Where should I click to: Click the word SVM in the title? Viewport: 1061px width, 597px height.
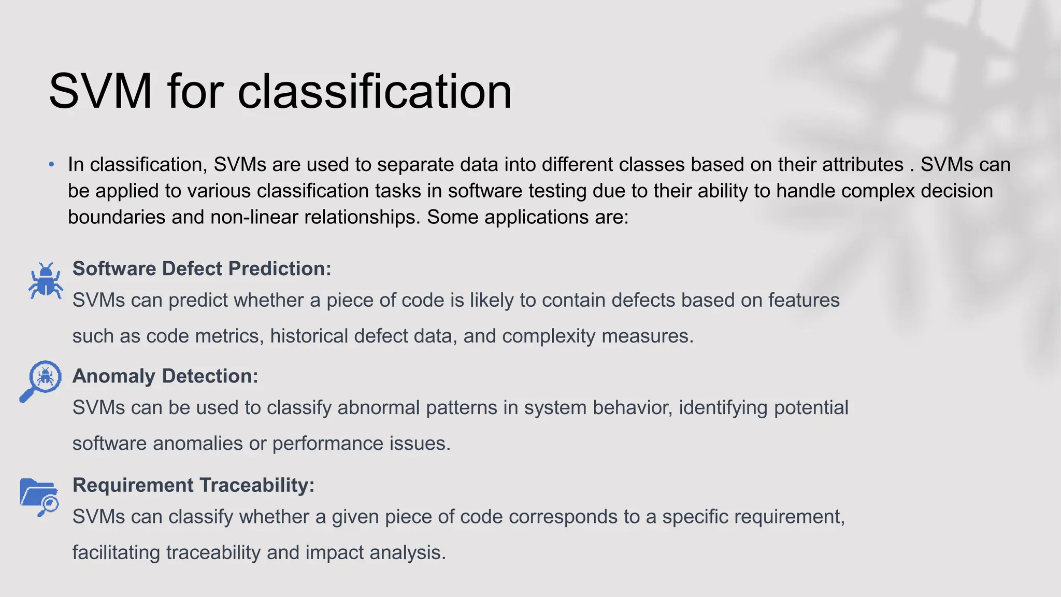pyautogui.click(x=100, y=91)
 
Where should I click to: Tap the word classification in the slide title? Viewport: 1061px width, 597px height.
pyautogui.click(x=374, y=91)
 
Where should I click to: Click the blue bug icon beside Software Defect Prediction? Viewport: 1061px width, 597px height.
pyautogui.click(x=46, y=280)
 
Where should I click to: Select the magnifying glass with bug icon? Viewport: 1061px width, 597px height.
pyautogui.click(x=41, y=380)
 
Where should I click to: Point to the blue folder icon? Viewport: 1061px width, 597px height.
pyautogui.click(x=39, y=496)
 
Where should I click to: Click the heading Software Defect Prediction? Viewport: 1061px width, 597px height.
pyautogui.click(x=202, y=268)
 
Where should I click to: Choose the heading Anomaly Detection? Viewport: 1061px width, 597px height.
pyautogui.click(x=165, y=376)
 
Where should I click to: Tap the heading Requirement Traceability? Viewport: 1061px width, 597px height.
pyautogui.click(x=193, y=485)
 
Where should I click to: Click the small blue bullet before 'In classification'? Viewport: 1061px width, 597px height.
pyautogui.click(x=51, y=165)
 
